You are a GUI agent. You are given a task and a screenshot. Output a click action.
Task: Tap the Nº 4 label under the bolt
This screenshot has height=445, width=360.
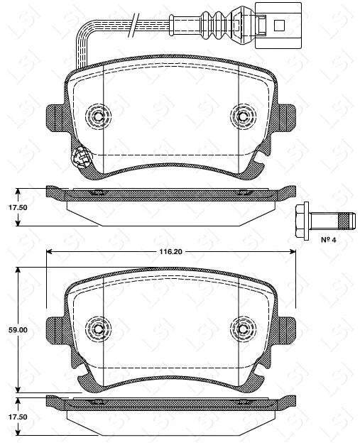(x=328, y=241)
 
